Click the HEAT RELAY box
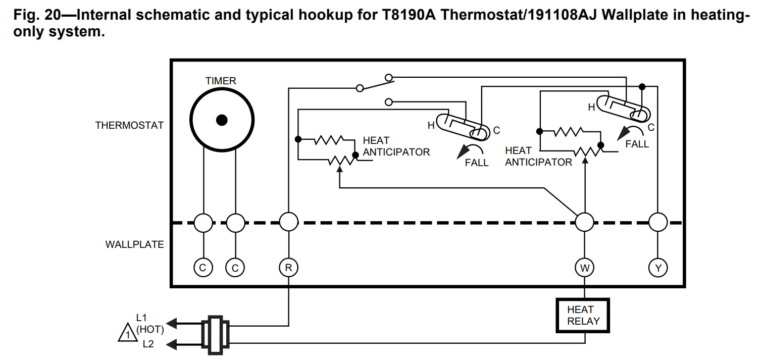583,316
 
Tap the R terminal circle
288,268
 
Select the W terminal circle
585,268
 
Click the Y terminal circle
658,268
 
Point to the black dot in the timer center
221,120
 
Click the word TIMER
221,81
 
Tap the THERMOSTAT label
129,125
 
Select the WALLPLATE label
134,244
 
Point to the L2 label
148,344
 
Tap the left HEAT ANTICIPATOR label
396,146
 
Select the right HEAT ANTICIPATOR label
538,157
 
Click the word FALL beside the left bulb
477,163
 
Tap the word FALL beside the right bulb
637,144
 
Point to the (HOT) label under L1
150,330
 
